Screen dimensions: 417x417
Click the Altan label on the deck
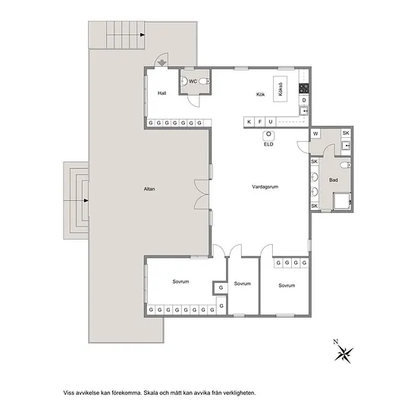click(x=149, y=189)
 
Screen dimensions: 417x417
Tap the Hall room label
click(x=161, y=93)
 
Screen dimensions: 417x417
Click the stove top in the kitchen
click(x=304, y=88)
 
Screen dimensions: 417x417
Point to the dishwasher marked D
click(x=304, y=100)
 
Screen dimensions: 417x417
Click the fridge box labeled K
click(x=249, y=122)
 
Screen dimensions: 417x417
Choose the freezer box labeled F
click(x=260, y=122)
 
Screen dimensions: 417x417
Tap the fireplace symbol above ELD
click(x=268, y=136)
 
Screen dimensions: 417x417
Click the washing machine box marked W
click(x=315, y=133)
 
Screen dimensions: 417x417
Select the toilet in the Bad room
click(x=346, y=165)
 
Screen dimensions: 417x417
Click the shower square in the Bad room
click(x=342, y=201)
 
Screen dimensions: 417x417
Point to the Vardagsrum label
click(x=265, y=187)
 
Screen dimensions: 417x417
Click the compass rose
click(x=344, y=354)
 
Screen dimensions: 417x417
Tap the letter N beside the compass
click(x=336, y=342)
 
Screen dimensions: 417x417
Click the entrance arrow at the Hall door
click(x=161, y=63)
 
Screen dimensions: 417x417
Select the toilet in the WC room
click(x=205, y=81)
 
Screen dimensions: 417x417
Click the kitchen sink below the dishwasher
click(x=304, y=111)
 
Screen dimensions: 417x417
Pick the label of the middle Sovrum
click(x=243, y=284)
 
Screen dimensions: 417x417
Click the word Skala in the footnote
click(x=151, y=393)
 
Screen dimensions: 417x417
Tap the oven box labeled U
click(x=271, y=122)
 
